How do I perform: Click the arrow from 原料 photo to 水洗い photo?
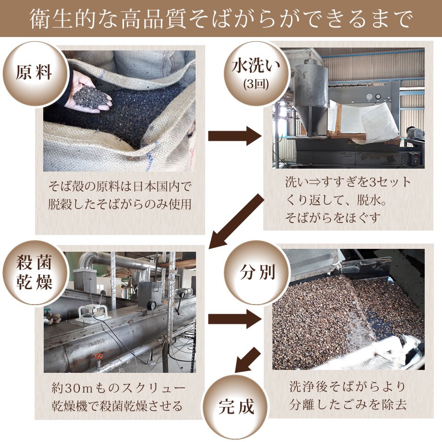[234, 136]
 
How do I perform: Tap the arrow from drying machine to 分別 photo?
[234, 319]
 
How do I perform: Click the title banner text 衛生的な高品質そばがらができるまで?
[221, 18]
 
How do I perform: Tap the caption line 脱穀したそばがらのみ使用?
[120, 204]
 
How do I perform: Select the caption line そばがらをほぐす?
[332, 217]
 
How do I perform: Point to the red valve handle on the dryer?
[99, 357]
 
